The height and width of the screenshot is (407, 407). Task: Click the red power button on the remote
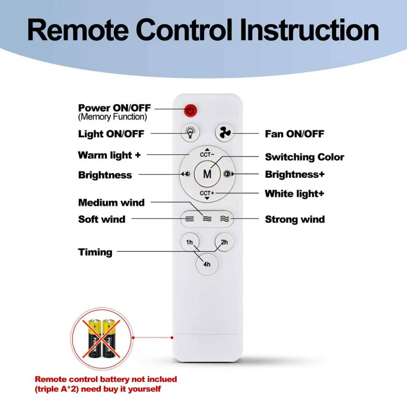tap(190, 111)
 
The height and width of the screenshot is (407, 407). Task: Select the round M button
tap(207, 174)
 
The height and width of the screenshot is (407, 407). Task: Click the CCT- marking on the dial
tap(207, 154)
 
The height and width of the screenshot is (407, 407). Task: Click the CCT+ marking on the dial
tap(207, 193)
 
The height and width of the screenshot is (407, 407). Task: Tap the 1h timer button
tap(190, 242)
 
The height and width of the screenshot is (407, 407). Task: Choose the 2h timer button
tap(224, 242)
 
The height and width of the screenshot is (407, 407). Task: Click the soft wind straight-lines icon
tap(190, 219)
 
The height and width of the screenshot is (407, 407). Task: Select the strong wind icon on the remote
tap(224, 219)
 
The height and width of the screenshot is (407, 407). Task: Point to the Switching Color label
tap(304, 157)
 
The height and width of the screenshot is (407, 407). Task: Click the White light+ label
tap(294, 194)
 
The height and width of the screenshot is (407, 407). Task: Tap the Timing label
tap(95, 252)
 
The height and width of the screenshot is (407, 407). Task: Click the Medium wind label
tap(111, 203)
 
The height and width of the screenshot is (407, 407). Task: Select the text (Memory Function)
tap(112, 117)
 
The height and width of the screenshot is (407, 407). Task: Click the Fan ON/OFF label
tap(294, 134)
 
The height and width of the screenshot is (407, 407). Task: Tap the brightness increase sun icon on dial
tap(227, 174)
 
